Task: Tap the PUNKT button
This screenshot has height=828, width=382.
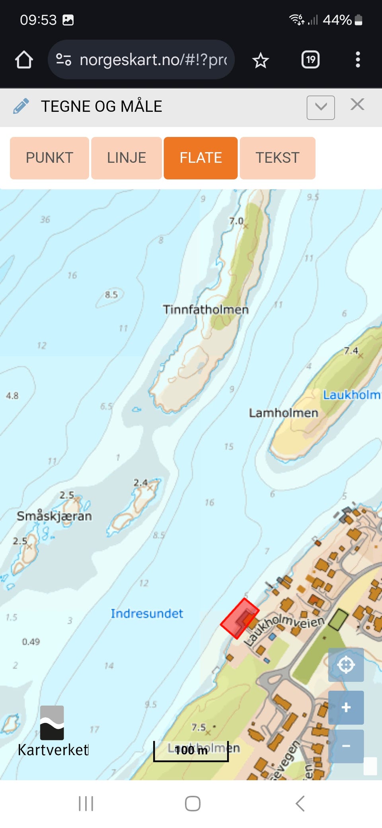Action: pyautogui.click(x=49, y=158)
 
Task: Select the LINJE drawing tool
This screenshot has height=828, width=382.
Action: pyautogui.click(x=127, y=158)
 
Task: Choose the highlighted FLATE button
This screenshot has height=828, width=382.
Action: pyautogui.click(x=201, y=158)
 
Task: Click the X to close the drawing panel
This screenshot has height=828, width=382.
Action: pyautogui.click(x=357, y=105)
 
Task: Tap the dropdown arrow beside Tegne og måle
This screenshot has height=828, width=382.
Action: pyautogui.click(x=320, y=107)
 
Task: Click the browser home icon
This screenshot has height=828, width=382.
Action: pyautogui.click(x=24, y=60)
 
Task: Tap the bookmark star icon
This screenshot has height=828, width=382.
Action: pyautogui.click(x=261, y=60)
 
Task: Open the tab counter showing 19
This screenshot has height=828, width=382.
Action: pyautogui.click(x=310, y=60)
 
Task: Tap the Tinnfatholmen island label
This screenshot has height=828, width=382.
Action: pyautogui.click(x=205, y=310)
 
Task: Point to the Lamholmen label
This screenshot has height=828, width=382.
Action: pyautogui.click(x=283, y=413)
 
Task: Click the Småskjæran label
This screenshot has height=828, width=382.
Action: pyautogui.click(x=54, y=516)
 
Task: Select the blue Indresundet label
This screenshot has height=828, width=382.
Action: pyautogui.click(x=147, y=613)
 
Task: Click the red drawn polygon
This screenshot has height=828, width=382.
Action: pyautogui.click(x=240, y=618)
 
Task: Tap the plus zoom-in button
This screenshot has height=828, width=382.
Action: pyautogui.click(x=346, y=707)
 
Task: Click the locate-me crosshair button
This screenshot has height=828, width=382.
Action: pyautogui.click(x=346, y=664)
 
